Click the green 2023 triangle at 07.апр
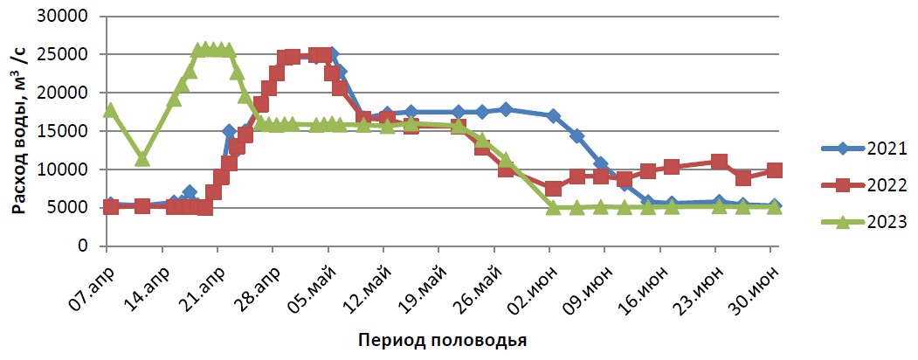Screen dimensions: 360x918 pos(110,110)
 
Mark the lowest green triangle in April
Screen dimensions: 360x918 pos(142,159)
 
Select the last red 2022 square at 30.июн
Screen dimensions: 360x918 pos(774,170)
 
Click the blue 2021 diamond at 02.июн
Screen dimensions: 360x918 pos(553,115)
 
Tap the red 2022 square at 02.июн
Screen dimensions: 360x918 pos(553,189)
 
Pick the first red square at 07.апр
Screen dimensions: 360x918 pos(110,207)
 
